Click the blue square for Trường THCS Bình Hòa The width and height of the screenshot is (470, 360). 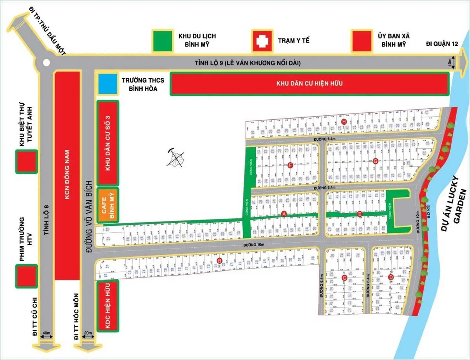(x=108, y=84)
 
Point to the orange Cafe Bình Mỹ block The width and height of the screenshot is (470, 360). (x=107, y=205)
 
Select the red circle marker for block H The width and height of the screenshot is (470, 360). (x=344, y=122)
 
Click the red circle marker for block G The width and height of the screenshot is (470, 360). (x=375, y=161)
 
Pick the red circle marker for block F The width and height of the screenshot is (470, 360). (x=290, y=166)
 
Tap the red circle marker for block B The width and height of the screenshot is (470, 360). (x=219, y=261)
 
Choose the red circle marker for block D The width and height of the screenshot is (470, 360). (x=390, y=277)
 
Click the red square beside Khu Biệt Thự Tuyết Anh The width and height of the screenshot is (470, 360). (x=27, y=161)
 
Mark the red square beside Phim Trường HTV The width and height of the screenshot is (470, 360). (x=27, y=276)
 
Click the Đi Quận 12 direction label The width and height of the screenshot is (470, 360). (x=442, y=44)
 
